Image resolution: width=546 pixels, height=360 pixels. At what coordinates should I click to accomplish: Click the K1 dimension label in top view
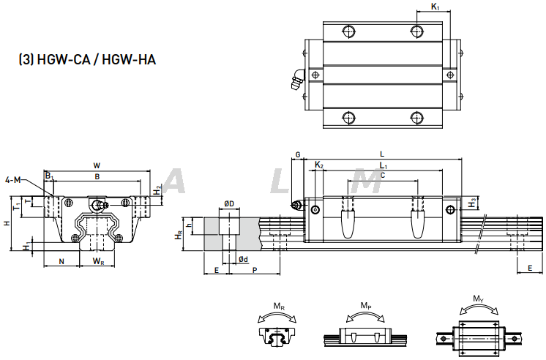point(435,7)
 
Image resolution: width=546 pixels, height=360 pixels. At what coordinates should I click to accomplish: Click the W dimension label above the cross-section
point(97,165)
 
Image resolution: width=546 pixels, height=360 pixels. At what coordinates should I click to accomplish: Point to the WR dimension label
point(97,261)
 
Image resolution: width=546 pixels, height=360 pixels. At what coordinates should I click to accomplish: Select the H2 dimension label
point(157,190)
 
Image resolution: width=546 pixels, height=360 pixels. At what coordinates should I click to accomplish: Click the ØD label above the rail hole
point(228,204)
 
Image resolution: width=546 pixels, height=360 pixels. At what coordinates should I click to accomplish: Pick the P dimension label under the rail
point(254,271)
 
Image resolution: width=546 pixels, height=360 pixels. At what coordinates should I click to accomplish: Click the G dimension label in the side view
point(297,155)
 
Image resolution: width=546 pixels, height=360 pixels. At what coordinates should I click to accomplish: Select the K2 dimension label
point(318,166)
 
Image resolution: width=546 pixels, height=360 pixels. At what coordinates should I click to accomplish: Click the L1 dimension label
point(384,167)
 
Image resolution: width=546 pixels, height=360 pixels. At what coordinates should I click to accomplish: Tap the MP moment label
point(365,305)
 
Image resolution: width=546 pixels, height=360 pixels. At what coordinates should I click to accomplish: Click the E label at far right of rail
point(529,269)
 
